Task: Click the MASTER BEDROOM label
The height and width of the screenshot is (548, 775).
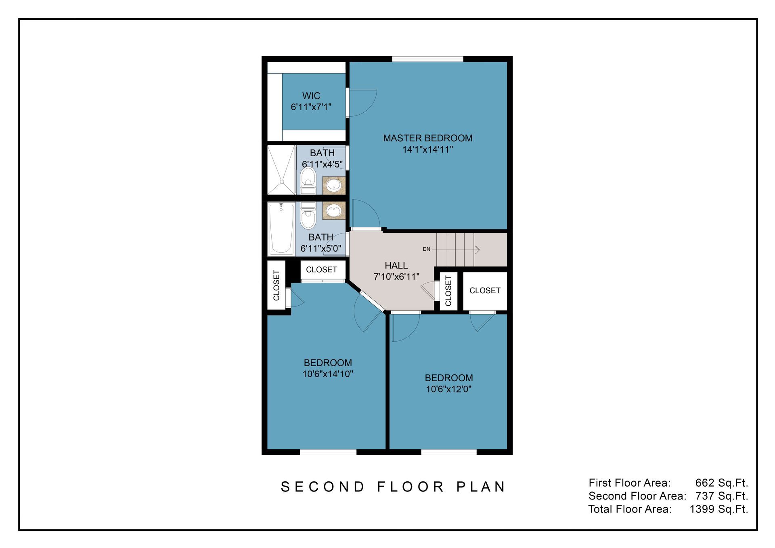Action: [x=427, y=138]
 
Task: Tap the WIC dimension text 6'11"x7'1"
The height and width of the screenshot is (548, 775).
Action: [x=311, y=107]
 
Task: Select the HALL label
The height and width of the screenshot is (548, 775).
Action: [x=396, y=265]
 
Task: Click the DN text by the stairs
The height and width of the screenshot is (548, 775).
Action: [x=426, y=249]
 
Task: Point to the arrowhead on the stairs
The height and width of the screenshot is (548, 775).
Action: [x=478, y=250]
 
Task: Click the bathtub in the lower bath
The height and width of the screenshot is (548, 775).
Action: [x=281, y=229]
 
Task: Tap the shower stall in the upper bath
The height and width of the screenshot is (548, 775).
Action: [x=281, y=170]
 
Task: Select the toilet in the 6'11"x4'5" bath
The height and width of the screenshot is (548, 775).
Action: [x=308, y=180]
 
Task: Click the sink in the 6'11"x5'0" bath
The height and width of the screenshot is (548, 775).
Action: [x=334, y=210]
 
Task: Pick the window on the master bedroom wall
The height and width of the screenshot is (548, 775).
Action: [x=427, y=59]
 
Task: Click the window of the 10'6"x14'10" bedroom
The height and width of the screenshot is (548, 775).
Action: [x=328, y=452]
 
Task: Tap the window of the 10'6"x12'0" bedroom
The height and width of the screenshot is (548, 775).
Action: [x=448, y=452]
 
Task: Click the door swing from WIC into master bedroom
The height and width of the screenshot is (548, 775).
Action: [x=362, y=103]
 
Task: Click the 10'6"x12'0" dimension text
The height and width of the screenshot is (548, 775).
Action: [x=448, y=389]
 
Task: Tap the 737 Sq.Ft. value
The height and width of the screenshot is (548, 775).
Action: [x=721, y=496]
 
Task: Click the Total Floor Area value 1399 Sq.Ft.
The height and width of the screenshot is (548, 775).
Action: [x=718, y=509]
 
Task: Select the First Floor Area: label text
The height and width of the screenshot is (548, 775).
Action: [x=629, y=483]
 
